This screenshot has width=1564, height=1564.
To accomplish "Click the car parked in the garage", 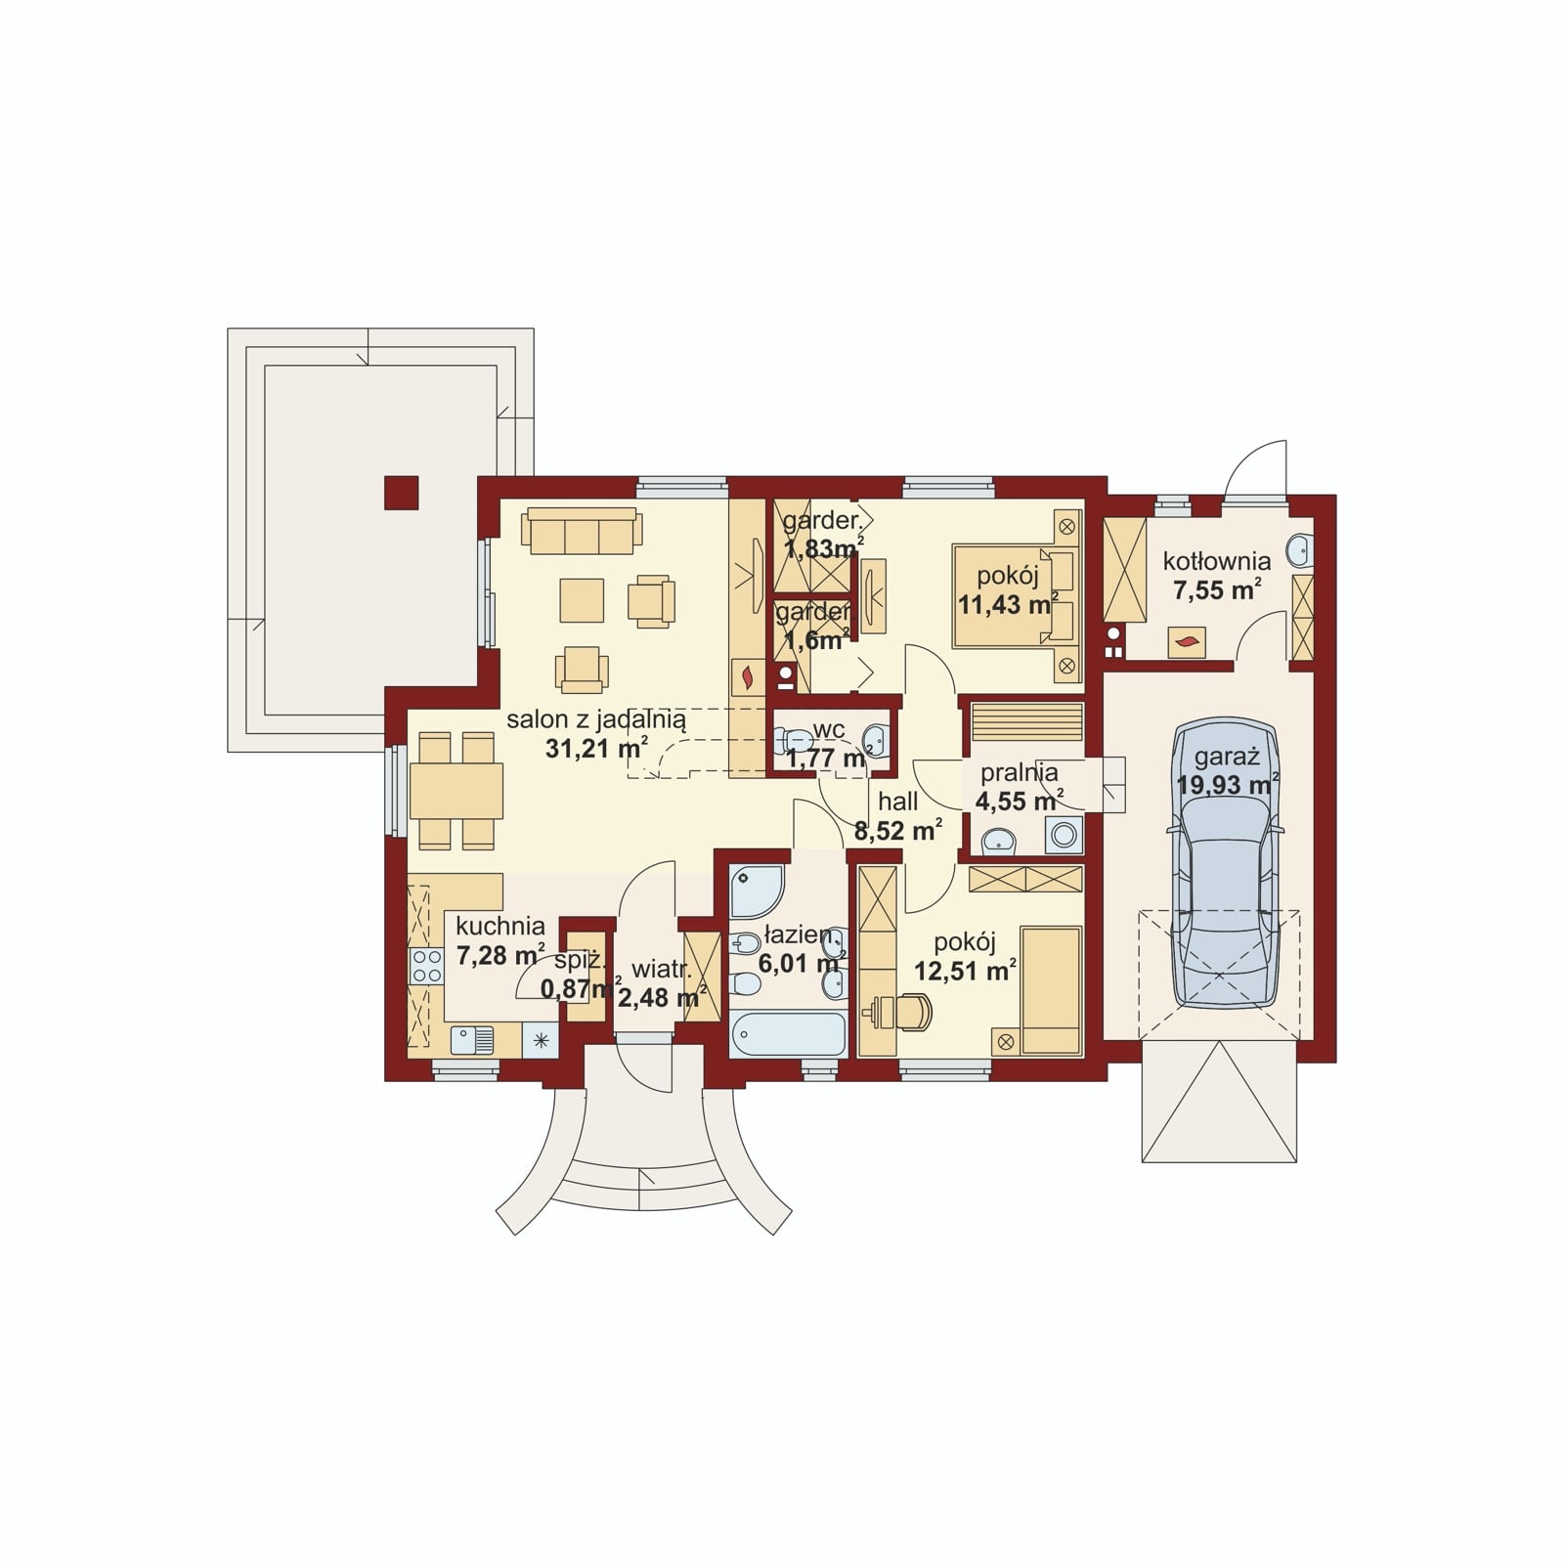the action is (x=1226, y=865).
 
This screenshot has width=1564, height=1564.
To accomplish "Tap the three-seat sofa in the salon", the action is (x=582, y=530).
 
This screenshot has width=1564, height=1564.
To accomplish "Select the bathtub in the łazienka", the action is (x=788, y=1034).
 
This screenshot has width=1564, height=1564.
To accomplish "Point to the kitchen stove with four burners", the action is (x=426, y=966).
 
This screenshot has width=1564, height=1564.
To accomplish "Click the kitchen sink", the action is (x=472, y=1040).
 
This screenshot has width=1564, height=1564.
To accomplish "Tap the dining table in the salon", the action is (x=456, y=791).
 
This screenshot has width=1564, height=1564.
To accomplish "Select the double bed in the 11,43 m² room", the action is (x=1018, y=595).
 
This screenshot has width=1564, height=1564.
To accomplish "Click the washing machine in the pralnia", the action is (x=1064, y=836).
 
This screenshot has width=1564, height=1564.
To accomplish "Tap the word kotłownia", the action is (x=1217, y=561).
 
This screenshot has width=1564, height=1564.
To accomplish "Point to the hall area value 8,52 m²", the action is (x=898, y=831).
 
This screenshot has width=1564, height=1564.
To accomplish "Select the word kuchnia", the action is (x=500, y=926).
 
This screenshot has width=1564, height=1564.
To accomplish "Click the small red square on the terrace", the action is (x=401, y=493).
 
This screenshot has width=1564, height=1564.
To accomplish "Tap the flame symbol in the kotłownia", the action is (x=1187, y=642).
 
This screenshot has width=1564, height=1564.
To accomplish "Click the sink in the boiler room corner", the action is (x=1299, y=550).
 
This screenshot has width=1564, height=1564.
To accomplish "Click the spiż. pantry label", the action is (x=581, y=962).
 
